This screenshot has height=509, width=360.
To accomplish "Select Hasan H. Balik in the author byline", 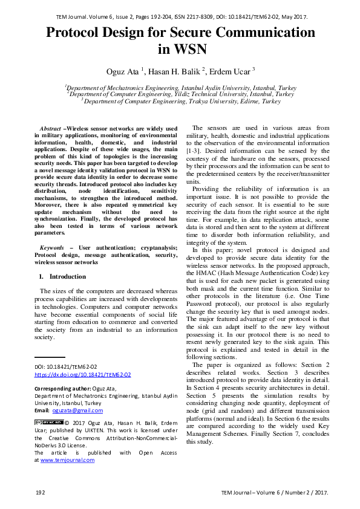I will tap(176, 71).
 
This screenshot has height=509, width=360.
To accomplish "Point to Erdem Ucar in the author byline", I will tap(229, 71).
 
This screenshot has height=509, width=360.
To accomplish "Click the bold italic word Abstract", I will tap(50, 129).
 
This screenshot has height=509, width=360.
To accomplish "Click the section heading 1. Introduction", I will tap(59, 276).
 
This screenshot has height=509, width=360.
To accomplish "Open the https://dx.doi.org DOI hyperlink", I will tap(82, 375).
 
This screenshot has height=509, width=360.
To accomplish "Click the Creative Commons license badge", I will tap(48, 422).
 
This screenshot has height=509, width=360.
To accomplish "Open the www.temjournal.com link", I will tap(67, 460).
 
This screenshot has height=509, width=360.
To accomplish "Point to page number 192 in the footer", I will tap(41, 493).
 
